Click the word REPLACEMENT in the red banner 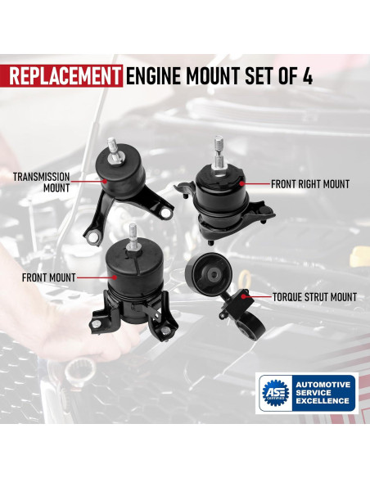[65, 76]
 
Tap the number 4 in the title [308, 76]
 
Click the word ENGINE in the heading [154, 76]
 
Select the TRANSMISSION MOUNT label [42, 183]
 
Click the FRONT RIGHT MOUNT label [310, 184]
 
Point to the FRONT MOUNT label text [49, 277]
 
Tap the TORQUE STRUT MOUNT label [314, 297]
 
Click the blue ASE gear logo [276, 393]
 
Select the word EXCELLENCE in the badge [323, 400]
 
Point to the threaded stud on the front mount [133, 237]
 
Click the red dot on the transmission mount [105, 181]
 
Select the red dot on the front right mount [241, 183]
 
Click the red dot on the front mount [115, 277]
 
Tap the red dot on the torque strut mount [243, 296]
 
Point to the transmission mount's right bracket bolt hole [166, 213]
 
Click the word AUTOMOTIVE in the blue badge [323, 385]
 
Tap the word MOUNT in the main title [214, 76]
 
